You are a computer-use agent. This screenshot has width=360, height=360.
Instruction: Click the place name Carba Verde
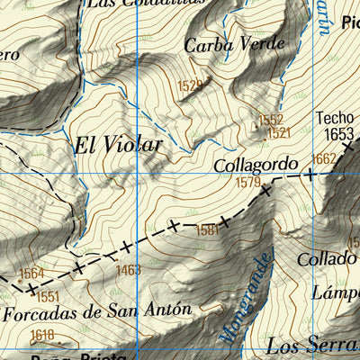click(234, 43)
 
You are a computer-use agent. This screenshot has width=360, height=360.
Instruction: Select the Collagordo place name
click(256, 166)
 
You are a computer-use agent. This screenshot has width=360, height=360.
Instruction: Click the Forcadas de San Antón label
click(98, 311)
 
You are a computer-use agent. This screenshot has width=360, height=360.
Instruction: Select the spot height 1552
click(270, 120)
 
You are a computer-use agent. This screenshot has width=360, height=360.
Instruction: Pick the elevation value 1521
click(278, 132)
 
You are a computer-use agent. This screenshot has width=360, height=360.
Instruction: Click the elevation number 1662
click(323, 158)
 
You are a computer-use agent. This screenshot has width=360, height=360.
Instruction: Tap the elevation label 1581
click(207, 230)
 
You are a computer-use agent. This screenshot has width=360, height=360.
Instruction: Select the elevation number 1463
click(128, 269)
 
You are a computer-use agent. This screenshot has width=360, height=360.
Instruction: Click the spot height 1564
click(31, 274)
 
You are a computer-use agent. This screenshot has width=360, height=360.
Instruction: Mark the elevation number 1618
click(41, 335)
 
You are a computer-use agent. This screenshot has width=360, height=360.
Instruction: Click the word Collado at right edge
click(329, 259)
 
